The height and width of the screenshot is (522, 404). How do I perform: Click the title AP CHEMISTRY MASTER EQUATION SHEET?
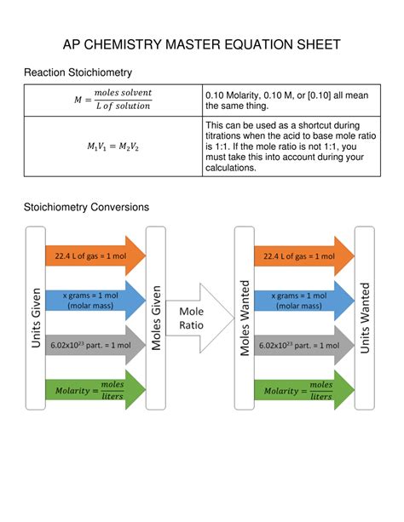(x=202, y=44)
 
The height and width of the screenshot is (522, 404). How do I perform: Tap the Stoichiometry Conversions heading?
(x=87, y=207)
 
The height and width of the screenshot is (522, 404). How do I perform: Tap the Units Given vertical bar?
(x=36, y=318)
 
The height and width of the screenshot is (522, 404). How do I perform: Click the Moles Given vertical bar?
(x=156, y=318)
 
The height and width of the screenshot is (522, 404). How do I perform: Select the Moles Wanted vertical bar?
(x=244, y=318)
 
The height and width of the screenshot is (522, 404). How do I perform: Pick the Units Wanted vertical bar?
(x=366, y=318)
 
